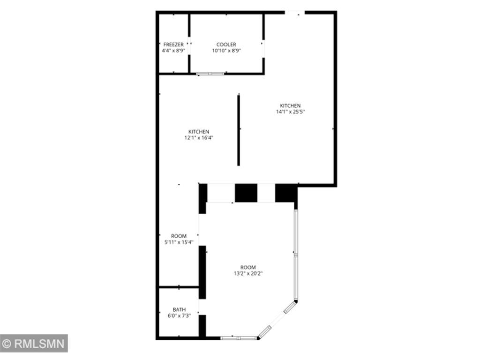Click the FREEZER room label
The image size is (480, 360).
pos(173,45)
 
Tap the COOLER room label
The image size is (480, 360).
pos(226,45)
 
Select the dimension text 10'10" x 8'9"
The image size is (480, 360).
pos(226,51)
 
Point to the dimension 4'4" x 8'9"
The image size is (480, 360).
pos(173,51)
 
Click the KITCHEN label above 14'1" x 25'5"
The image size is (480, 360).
pos(290,105)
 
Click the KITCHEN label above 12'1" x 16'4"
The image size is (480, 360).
pos(199,132)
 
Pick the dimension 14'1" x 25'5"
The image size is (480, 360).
pos(290,112)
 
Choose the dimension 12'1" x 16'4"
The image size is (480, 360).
pos(199,138)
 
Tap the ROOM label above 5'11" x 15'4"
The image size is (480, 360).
pos(179,236)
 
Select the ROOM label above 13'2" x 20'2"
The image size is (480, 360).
pos(248,267)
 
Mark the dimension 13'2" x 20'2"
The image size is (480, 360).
pos(248,273)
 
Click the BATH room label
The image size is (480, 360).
pos(179,309)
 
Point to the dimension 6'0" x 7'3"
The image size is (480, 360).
pos(179,315)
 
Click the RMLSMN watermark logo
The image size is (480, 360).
pos(34,344)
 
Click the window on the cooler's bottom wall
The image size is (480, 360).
pos(210,74)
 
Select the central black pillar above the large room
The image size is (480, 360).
pos(246,193)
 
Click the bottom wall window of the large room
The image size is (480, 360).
pos(239,337)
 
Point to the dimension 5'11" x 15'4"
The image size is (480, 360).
pos(179,242)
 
